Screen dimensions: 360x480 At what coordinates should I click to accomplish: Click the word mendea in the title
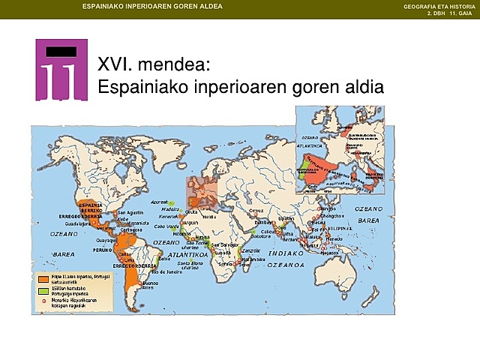tap(160, 65)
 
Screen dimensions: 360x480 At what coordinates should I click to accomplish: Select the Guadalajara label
tap(79, 223)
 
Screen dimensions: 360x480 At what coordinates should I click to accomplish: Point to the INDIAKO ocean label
tap(285, 253)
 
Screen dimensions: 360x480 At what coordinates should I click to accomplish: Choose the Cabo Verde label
tap(168, 226)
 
